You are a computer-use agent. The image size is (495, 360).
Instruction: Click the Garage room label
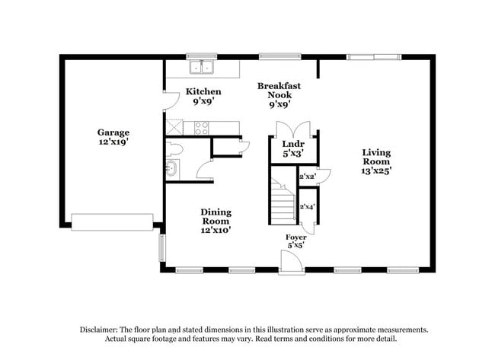click(x=113, y=137)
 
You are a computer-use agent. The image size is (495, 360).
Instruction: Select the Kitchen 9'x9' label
click(x=203, y=96)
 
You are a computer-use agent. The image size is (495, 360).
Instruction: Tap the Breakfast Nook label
click(x=278, y=95)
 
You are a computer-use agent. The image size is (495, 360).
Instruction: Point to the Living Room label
click(x=375, y=161)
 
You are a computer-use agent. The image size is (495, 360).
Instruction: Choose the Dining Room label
click(x=216, y=221)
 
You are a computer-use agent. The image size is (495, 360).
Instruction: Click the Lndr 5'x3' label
click(x=293, y=148)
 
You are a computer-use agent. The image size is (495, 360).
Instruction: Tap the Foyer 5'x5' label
click(x=295, y=241)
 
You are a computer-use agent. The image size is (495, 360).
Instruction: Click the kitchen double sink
click(x=202, y=68)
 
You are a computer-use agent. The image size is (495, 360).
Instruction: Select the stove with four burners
click(x=202, y=128)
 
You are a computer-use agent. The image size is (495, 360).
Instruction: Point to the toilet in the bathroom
click(x=174, y=148)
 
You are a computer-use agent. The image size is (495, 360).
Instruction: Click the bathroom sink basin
click(x=171, y=169)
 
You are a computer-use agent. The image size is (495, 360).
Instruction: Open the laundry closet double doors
click(x=293, y=127)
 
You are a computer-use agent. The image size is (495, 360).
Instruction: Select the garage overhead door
click(x=112, y=221)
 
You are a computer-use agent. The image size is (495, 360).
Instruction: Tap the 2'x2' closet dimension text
click(x=308, y=177)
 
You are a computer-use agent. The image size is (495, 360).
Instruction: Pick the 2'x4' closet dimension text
click(x=308, y=207)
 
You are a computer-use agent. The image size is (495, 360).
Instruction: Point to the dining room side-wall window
click(x=161, y=247)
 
